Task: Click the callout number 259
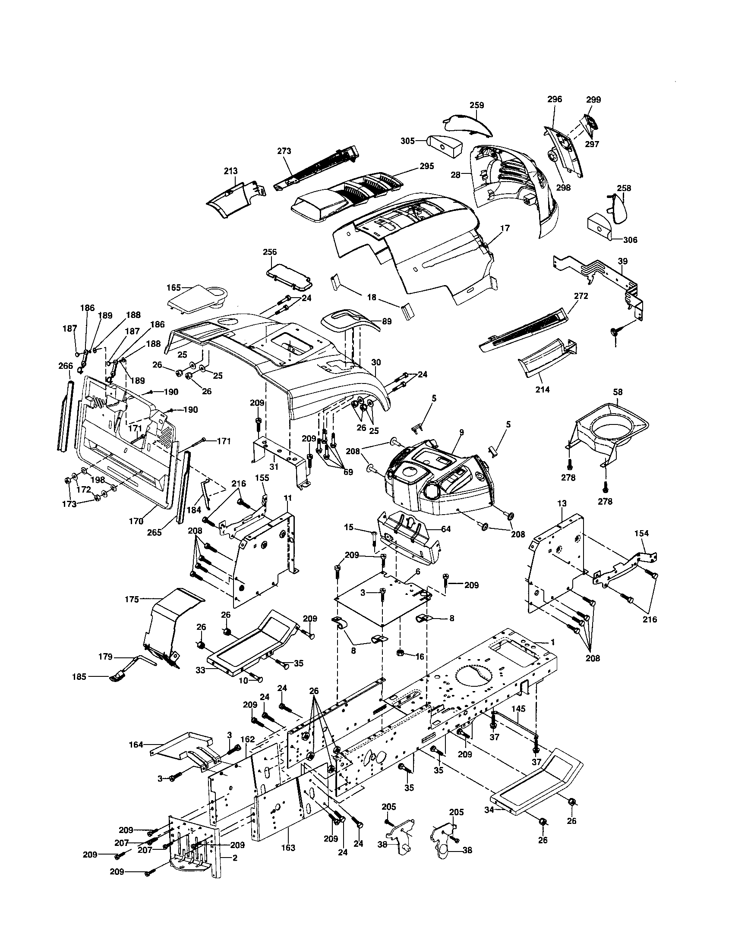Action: point(476,105)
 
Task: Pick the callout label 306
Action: point(630,240)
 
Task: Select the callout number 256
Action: point(269,252)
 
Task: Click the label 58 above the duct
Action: point(617,392)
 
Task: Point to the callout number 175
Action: point(132,599)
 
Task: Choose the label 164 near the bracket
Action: point(136,745)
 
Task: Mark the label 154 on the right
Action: point(641,533)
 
